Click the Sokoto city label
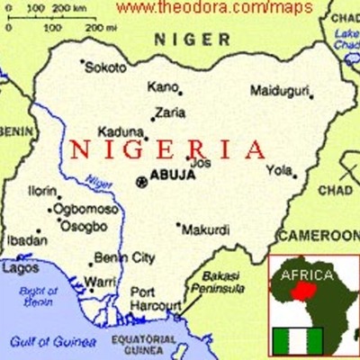click(x=106, y=67)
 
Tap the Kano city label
click(x=162, y=87)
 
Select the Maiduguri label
click(x=280, y=91)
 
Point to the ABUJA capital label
click(x=172, y=175)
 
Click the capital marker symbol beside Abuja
click(x=141, y=182)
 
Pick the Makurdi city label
click(x=206, y=229)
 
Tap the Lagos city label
click(x=21, y=268)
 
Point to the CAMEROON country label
click(x=318, y=236)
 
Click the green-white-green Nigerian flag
click(x=296, y=340)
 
